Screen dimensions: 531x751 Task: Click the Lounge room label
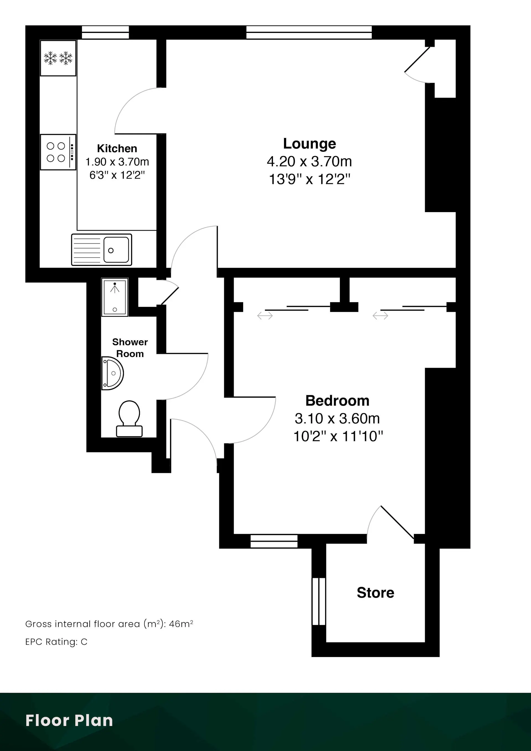point(309,144)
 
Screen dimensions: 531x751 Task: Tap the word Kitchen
point(117,148)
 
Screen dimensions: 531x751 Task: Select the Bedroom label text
point(337,401)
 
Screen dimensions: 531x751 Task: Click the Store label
point(376,593)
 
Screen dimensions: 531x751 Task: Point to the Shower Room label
point(130,348)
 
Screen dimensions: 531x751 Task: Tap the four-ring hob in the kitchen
point(58,152)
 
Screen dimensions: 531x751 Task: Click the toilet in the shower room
point(129,419)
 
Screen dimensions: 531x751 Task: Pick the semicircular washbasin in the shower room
point(113,373)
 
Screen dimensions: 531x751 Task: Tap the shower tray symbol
point(115,297)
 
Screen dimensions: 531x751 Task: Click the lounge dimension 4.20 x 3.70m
point(309,161)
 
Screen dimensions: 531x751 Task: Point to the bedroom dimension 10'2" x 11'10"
point(338,436)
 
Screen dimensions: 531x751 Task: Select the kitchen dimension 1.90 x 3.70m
point(117,161)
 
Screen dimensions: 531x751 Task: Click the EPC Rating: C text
point(56,642)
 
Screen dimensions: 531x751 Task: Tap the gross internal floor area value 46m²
point(181,624)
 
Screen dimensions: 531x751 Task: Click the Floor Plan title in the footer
point(69,720)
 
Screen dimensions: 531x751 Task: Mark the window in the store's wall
point(319,601)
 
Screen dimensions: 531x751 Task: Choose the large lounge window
point(309,32)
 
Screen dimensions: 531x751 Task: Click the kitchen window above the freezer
point(105,32)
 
